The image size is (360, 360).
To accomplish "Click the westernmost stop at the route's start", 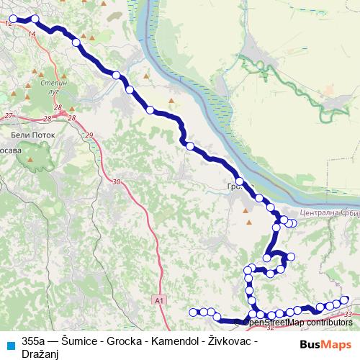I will (13, 19).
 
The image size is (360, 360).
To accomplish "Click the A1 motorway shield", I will (159, 299).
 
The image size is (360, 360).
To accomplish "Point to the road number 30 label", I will (117, 182).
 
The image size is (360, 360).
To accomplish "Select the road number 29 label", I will (89, 135).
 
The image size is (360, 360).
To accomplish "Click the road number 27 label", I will (9, 116).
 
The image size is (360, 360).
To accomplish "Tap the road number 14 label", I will (31, 34).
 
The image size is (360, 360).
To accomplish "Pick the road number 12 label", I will (8, 24).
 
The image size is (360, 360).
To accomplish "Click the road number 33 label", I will (349, 315).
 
